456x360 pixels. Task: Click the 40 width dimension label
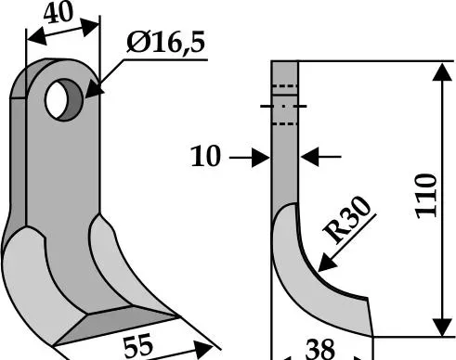click(x=59, y=13)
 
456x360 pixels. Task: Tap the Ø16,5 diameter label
click(x=165, y=43)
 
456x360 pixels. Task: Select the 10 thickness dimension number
click(x=206, y=157)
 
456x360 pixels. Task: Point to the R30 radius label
click(x=346, y=220)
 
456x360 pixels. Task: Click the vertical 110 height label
click(x=426, y=196)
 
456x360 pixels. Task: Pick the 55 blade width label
click(x=138, y=344)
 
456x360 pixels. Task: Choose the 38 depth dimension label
click(x=319, y=350)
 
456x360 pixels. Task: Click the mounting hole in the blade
click(x=64, y=99)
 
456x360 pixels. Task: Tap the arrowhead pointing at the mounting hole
click(x=94, y=89)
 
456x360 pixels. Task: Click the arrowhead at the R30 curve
click(x=327, y=264)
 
